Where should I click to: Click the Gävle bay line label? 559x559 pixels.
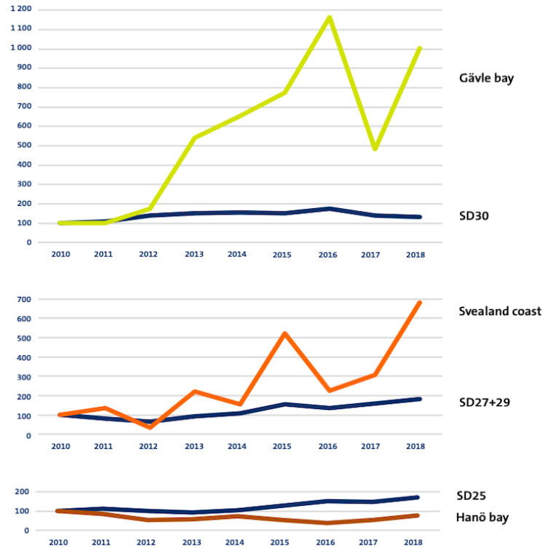click(486, 79)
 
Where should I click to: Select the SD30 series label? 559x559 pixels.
click(474, 215)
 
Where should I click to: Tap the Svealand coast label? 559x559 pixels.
click(500, 312)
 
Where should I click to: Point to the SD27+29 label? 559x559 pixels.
click(485, 403)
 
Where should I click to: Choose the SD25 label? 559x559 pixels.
click(471, 496)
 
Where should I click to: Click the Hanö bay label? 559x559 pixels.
click(482, 518)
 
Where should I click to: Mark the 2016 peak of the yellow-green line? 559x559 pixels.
click(330, 17)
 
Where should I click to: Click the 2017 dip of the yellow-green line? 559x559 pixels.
click(375, 148)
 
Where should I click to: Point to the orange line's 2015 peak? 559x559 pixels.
click(285, 333)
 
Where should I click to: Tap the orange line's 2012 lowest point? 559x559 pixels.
click(150, 427)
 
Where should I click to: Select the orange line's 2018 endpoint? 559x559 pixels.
click(419, 303)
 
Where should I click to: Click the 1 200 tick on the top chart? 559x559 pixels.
click(21, 9)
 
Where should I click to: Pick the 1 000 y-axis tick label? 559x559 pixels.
click(21, 47)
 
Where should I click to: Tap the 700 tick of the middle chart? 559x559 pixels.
click(24, 299)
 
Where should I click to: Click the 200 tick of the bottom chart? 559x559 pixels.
click(22, 491)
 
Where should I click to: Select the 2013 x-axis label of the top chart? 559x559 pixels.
click(194, 254)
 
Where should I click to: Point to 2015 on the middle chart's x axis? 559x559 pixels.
click(282, 446)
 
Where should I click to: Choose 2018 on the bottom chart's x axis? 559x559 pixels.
click(413, 542)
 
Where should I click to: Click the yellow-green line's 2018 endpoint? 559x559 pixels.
click(419, 49)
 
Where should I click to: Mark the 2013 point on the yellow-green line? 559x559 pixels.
click(194, 138)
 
